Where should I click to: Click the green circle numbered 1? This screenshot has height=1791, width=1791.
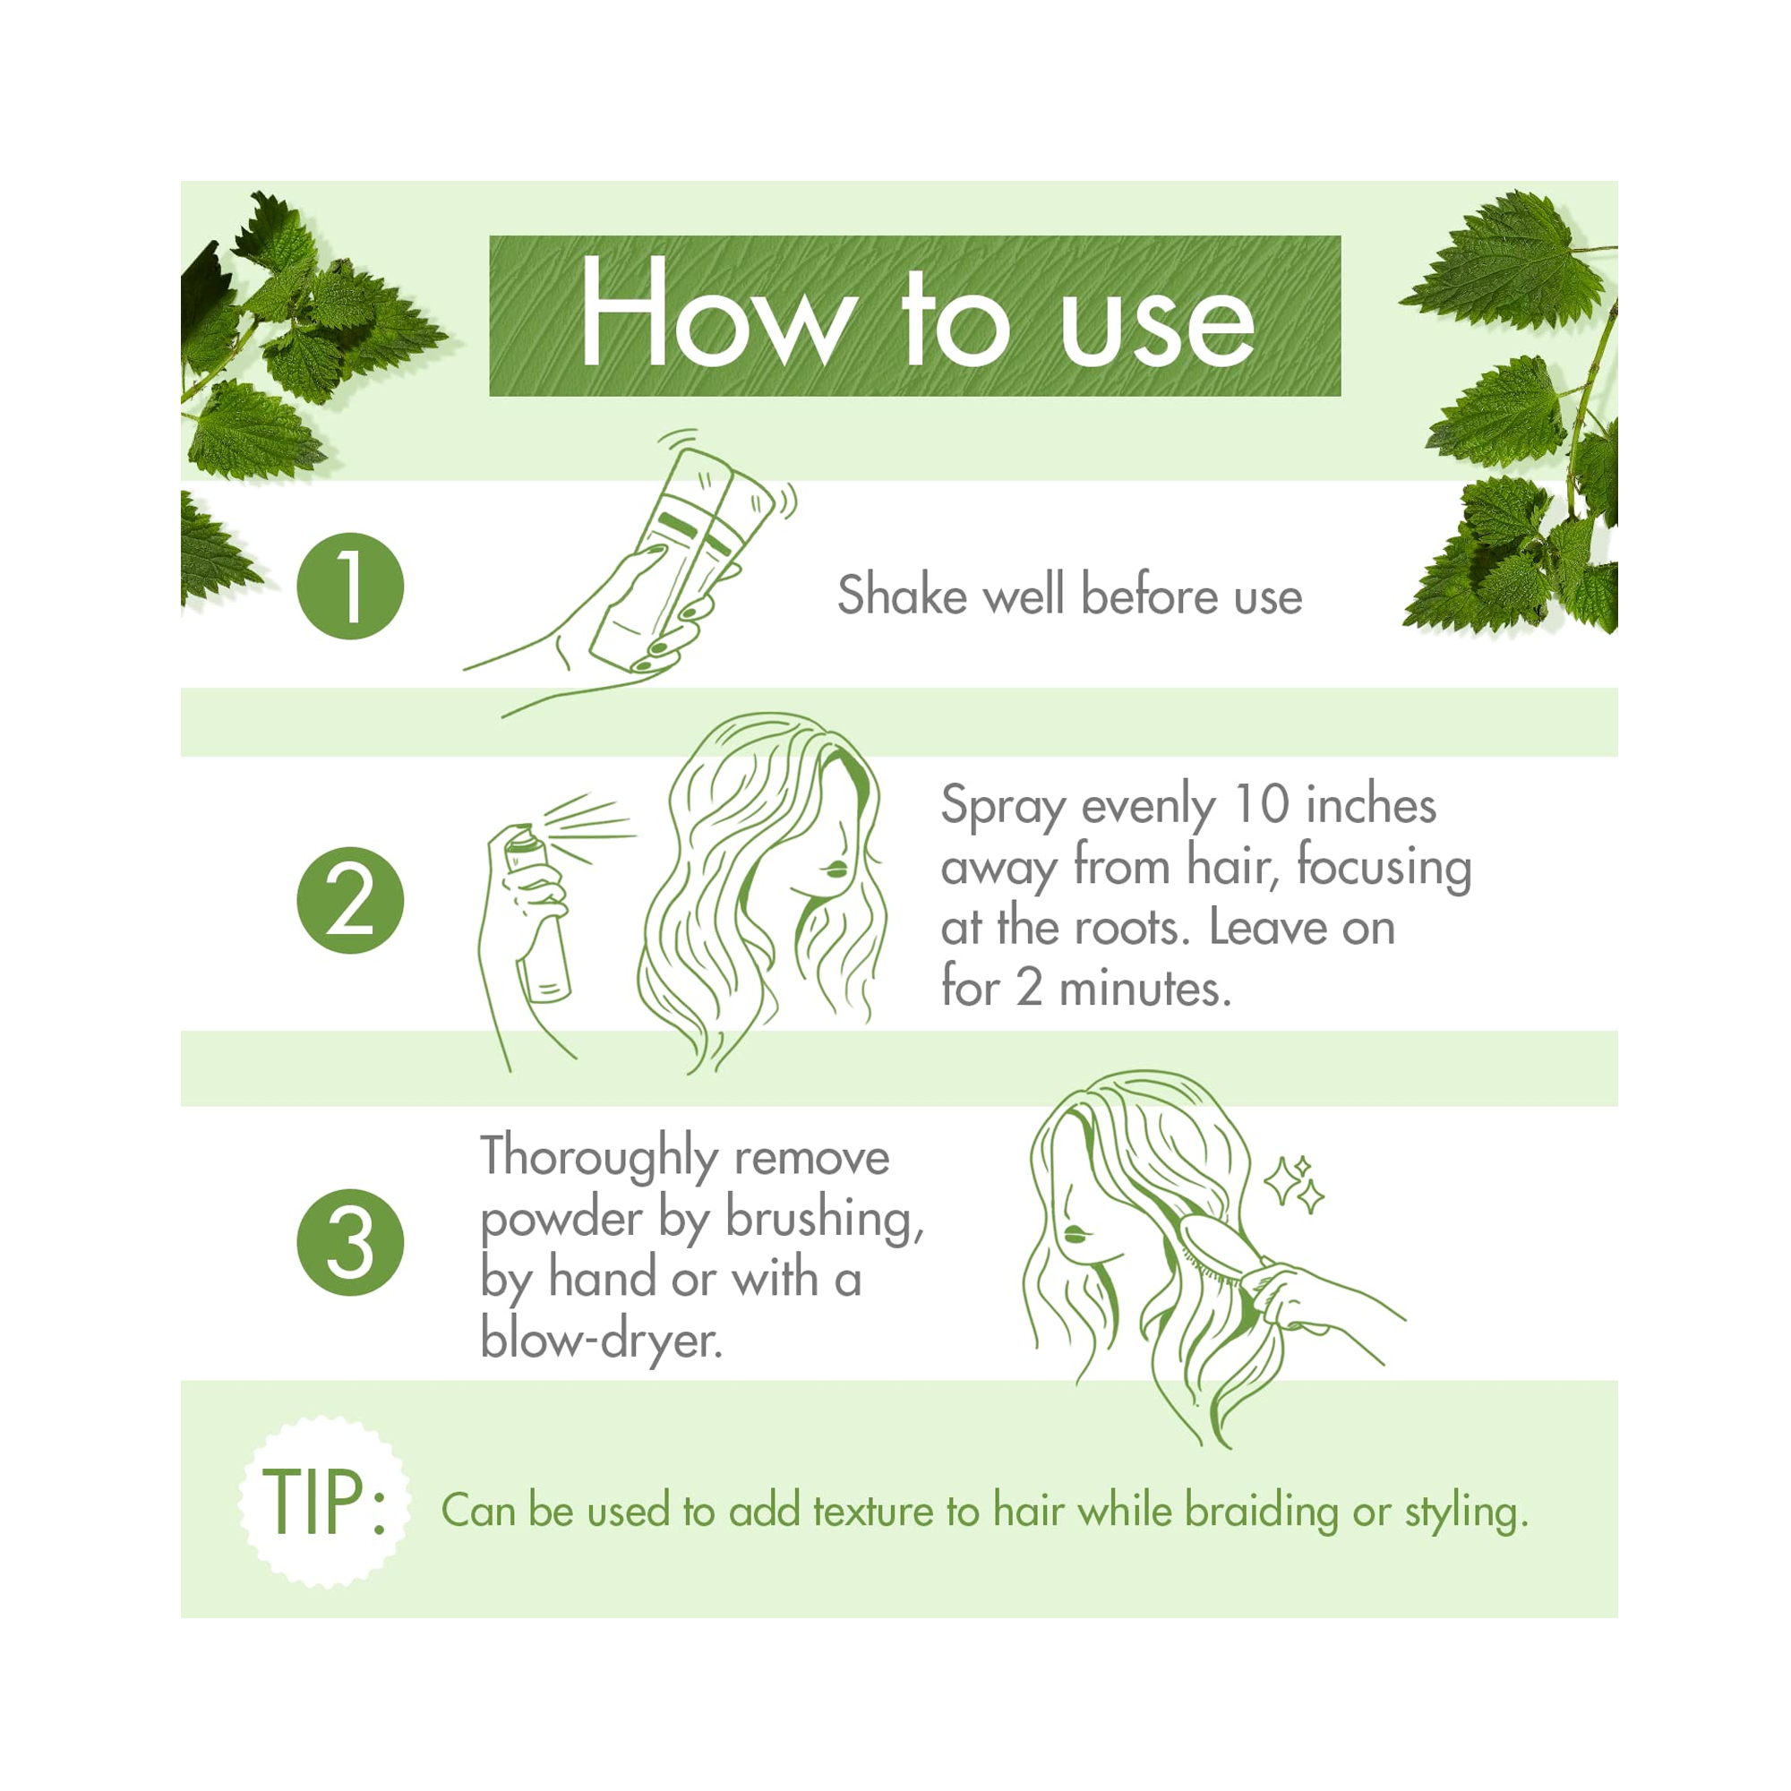click(x=350, y=586)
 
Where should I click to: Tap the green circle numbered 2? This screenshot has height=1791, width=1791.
click(x=350, y=900)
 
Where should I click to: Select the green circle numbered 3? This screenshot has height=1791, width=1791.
click(x=350, y=1242)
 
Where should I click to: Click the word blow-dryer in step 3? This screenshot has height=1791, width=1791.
click(x=601, y=1341)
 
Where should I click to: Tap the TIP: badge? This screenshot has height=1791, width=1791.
click(x=323, y=1501)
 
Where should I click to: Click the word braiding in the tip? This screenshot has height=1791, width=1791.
click(x=1263, y=1512)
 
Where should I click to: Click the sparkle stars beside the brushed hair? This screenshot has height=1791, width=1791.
click(x=1295, y=1183)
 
